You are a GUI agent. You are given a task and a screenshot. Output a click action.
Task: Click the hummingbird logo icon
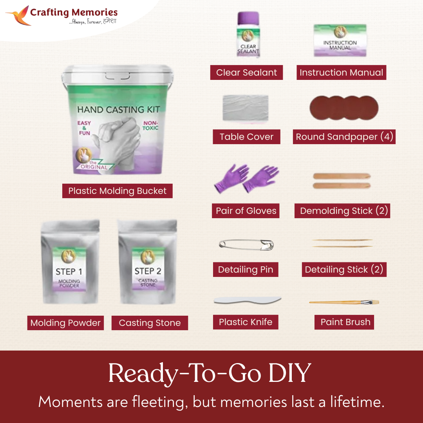[18, 16]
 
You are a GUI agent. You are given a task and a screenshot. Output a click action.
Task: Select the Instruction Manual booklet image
[340, 41]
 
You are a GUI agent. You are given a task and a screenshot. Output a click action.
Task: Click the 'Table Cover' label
[246, 137]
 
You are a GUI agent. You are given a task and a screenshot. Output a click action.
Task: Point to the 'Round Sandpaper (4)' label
[344, 137]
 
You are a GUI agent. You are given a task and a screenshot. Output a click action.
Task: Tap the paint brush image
[344, 302]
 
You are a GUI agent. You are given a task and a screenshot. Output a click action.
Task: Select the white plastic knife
[247, 300]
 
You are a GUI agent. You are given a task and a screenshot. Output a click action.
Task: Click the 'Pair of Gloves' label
[246, 211]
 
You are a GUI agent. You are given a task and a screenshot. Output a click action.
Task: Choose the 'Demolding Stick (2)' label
[343, 211]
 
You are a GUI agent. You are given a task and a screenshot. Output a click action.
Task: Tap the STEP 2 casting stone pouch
[148, 262]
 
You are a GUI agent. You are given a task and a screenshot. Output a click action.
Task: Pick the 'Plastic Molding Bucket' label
[117, 191]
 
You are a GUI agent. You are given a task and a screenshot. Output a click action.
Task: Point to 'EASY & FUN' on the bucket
[84, 128]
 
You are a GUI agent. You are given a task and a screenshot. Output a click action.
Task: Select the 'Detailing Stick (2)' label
[344, 269]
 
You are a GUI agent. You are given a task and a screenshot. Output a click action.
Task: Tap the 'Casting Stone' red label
[150, 323]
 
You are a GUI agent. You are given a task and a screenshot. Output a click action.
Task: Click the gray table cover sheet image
[246, 108]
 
